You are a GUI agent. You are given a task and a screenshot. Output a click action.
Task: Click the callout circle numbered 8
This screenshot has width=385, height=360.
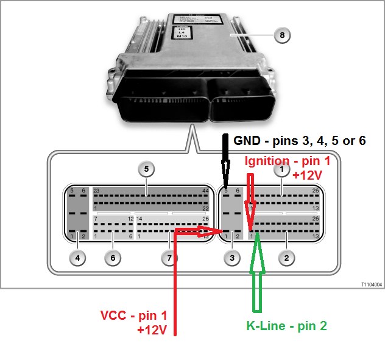point(281,35)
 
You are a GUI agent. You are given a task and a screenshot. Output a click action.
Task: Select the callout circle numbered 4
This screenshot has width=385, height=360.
point(77,258)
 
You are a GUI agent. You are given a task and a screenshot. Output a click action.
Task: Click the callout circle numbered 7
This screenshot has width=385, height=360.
point(169,258)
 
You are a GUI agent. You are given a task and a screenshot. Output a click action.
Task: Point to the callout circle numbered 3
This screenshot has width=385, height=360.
point(231,258)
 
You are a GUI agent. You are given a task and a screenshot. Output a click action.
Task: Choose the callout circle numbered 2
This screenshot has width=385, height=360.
point(286,258)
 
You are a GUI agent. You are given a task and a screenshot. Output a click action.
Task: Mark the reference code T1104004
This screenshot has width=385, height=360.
point(370,284)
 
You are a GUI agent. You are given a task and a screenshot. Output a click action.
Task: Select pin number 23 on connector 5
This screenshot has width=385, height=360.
point(96,191)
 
